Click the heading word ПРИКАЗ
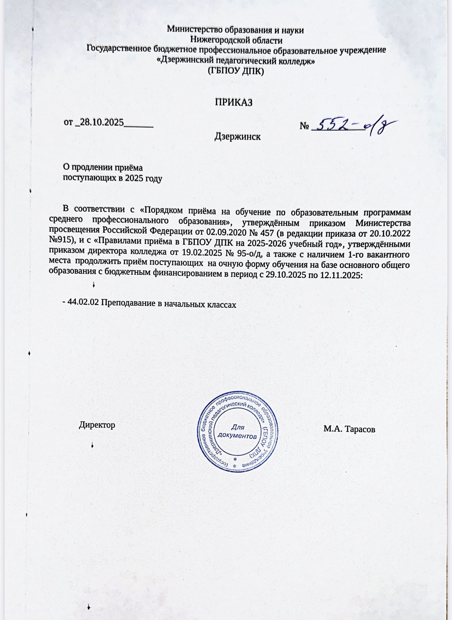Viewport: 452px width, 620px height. tap(233, 102)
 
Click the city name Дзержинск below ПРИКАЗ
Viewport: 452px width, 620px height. tap(237, 137)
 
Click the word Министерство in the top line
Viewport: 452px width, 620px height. tap(193, 30)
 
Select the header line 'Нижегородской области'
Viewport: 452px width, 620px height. tap(237, 40)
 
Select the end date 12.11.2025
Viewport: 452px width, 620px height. tap(340, 276)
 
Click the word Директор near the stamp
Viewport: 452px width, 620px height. tap(97, 425)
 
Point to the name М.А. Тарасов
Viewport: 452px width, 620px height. tap(349, 429)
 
